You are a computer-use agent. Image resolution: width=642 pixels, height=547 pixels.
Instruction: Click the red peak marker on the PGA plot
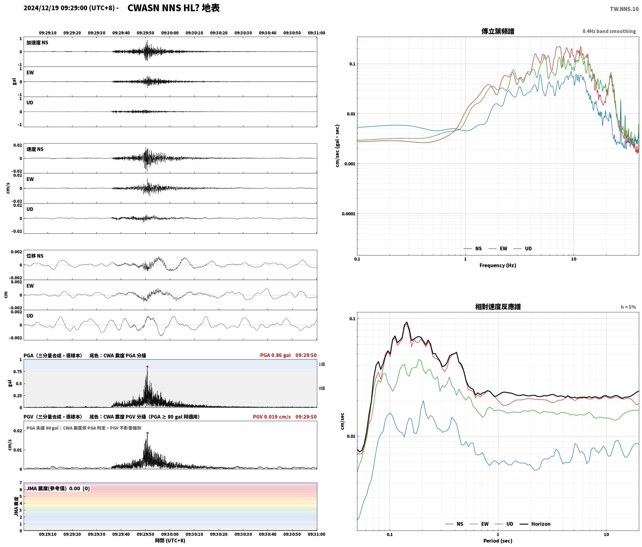click(x=147, y=367)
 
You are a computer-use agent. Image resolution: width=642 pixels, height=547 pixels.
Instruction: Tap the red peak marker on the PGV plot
click(x=147, y=433)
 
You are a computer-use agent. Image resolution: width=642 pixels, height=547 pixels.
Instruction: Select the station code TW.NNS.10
click(x=624, y=9)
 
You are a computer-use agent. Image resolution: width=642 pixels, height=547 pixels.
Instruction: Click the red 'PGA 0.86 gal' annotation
click(x=275, y=355)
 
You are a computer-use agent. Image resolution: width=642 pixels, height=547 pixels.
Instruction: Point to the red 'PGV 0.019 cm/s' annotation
click(x=272, y=417)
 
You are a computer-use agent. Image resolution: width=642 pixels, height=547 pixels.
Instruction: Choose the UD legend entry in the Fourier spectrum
click(x=523, y=249)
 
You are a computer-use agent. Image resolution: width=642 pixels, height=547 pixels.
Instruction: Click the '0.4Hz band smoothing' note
click(x=609, y=31)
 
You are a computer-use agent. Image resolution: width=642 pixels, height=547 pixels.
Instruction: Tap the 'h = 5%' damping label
click(x=628, y=307)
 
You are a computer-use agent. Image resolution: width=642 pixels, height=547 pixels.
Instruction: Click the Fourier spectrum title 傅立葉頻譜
click(x=498, y=31)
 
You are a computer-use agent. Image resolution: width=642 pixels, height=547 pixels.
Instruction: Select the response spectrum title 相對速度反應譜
click(x=498, y=307)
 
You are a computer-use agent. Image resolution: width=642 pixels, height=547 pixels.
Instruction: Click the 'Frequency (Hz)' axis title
click(x=498, y=265)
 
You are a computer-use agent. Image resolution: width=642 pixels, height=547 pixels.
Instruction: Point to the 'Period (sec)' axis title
click(x=498, y=541)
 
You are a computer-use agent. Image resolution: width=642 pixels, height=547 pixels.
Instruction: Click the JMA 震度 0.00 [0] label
click(x=58, y=489)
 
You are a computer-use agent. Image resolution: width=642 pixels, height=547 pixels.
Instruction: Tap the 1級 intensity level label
click(x=322, y=364)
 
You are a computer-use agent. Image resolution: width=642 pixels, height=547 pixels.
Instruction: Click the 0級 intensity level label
click(x=322, y=388)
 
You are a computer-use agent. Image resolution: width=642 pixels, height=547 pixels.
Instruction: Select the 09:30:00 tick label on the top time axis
click(x=170, y=33)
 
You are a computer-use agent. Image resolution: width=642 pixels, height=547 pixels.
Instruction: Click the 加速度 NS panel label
click(x=37, y=43)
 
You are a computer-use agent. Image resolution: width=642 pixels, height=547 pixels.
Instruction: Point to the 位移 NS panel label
click(x=35, y=256)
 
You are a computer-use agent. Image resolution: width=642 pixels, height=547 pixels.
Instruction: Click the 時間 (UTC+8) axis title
click(x=170, y=541)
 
